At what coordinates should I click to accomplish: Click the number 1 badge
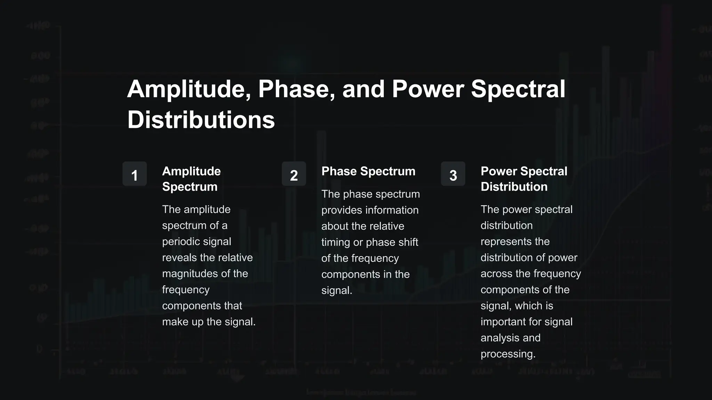click(x=135, y=174)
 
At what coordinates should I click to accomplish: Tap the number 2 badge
click(x=294, y=174)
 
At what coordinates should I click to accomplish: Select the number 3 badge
click(x=453, y=174)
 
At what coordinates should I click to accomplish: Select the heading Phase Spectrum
click(x=368, y=171)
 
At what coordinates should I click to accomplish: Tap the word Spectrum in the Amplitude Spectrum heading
click(x=189, y=187)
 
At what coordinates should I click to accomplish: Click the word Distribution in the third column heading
click(x=514, y=187)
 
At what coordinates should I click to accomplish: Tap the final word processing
click(x=508, y=354)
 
